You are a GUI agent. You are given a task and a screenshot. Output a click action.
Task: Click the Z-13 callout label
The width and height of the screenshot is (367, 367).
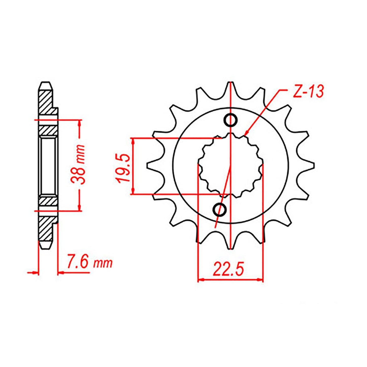coord(308,92)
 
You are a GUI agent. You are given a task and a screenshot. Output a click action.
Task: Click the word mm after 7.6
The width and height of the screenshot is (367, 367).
coord(103,264)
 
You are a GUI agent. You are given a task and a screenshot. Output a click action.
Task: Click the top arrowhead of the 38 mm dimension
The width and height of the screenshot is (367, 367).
coord(80,121)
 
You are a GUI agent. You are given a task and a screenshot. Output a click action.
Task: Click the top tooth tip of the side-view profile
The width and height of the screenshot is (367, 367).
coord(46,83)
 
